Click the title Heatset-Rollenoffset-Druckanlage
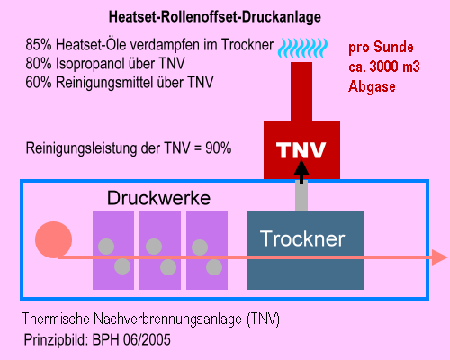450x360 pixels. (x=215, y=17)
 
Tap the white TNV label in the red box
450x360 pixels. (x=301, y=150)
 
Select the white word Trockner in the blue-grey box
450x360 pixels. (x=302, y=238)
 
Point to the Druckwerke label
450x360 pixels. (x=158, y=198)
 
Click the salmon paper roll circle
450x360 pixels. (x=53, y=239)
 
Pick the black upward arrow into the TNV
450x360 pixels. (x=301, y=172)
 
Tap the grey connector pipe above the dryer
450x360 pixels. (x=301, y=195)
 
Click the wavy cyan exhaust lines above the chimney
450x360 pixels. (x=302, y=48)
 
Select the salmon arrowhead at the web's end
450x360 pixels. (x=439, y=257)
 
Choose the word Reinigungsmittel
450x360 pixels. (x=105, y=83)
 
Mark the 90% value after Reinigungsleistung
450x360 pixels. (x=219, y=148)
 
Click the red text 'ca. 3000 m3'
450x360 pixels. (x=384, y=67)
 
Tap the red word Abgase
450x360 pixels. (x=372, y=86)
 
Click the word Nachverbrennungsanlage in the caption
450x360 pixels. (x=167, y=319)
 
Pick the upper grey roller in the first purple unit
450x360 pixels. (x=106, y=247)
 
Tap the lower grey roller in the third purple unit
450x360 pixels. (x=214, y=267)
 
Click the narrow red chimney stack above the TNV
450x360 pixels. (x=301, y=92)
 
